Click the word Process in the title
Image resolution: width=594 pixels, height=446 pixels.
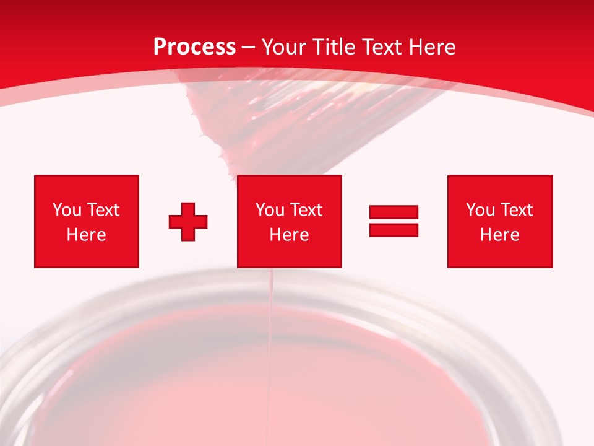click(x=194, y=47)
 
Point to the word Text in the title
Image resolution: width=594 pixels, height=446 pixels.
click(x=384, y=47)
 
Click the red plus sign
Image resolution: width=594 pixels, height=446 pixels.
click(x=188, y=221)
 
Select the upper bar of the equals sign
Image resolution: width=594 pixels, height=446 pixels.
click(x=394, y=212)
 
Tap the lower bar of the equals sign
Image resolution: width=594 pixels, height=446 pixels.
click(x=394, y=230)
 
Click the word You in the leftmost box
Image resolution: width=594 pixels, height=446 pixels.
click(x=67, y=210)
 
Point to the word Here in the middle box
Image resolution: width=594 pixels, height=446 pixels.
click(x=290, y=235)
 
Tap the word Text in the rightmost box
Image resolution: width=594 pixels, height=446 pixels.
click(x=517, y=210)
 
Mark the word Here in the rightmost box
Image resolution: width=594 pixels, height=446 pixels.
click(x=500, y=235)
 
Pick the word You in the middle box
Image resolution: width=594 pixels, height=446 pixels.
click(x=270, y=210)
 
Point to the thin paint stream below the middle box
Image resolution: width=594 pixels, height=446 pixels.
click(x=270, y=322)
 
